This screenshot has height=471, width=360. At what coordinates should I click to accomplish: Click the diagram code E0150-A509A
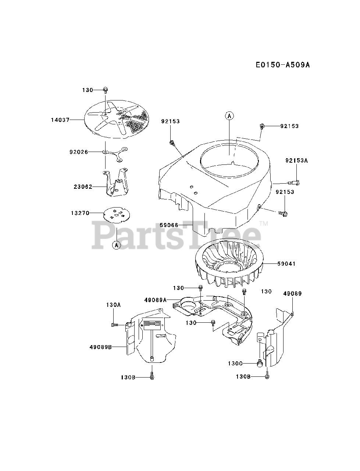coord(283,65)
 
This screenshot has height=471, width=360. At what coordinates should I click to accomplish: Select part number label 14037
coord(60,120)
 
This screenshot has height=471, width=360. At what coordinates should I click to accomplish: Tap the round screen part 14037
coord(118,120)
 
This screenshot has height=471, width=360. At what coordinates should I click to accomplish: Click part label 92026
coord(79,152)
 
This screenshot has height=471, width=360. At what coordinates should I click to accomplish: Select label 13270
coord(80,213)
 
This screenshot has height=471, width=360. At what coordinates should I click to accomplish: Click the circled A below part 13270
coord(116,245)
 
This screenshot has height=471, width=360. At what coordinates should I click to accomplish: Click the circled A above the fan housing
coord(229,116)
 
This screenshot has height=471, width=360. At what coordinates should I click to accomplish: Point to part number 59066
coord(169,225)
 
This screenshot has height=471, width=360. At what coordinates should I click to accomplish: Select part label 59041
coord(286,264)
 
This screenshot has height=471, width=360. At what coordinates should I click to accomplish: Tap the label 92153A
coord(296,160)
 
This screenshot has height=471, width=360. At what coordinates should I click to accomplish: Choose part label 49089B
coord(101,346)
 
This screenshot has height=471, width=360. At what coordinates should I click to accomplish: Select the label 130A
coord(113,305)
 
